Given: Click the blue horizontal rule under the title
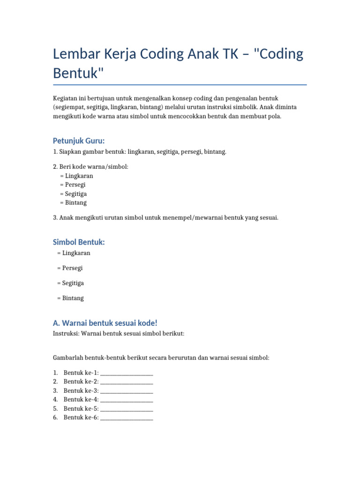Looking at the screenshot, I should pyautogui.click(x=180, y=85).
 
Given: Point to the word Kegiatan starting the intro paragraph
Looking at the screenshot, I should pyautogui.click(x=66, y=98).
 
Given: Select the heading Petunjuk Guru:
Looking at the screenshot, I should pyautogui.click(x=78, y=141).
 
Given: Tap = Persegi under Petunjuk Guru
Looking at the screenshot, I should pyautogui.click(x=73, y=185).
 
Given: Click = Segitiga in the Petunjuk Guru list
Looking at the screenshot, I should pyautogui.click(x=73, y=194).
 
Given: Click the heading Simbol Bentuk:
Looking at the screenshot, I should pyautogui.click(x=79, y=242).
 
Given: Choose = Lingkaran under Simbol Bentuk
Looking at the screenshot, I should pyautogui.click(x=74, y=253).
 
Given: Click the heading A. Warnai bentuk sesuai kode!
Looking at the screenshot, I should pyautogui.click(x=105, y=323).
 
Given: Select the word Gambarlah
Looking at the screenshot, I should pyautogui.click(x=68, y=358).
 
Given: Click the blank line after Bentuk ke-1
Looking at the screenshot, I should pyautogui.click(x=127, y=373).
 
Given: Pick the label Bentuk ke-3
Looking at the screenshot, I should pyautogui.click(x=81, y=390).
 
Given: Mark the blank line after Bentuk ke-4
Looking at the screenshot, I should pyautogui.click(x=127, y=400).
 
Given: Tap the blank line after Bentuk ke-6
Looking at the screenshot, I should pyautogui.click(x=127, y=418).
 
